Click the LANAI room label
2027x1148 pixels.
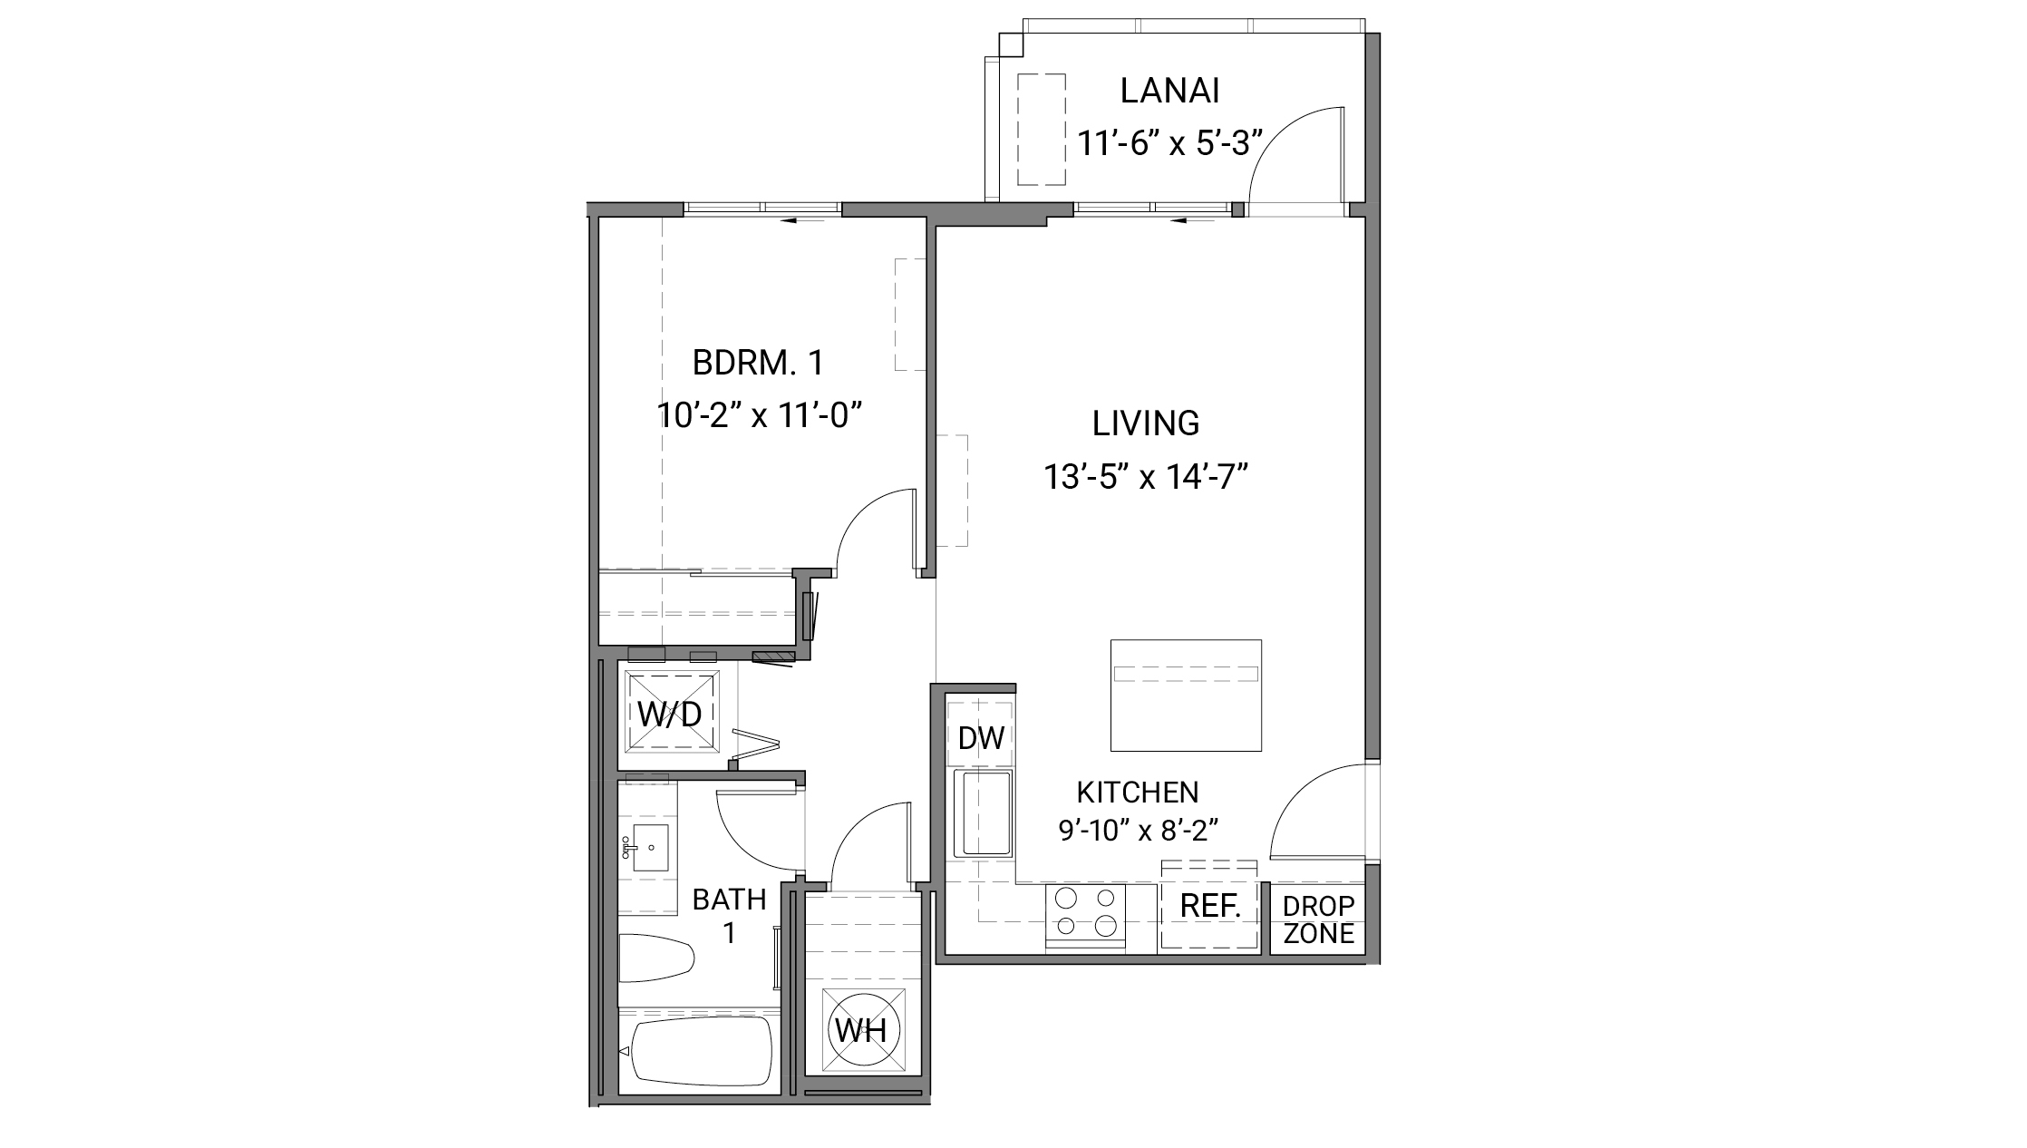click(1169, 92)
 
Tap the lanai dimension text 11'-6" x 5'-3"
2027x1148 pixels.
click(1169, 143)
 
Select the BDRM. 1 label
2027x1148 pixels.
click(758, 364)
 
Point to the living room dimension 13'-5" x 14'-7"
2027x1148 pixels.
click(1146, 477)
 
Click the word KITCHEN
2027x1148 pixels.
click(1137, 793)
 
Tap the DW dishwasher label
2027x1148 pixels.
click(981, 738)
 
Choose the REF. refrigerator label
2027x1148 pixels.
click(1209, 906)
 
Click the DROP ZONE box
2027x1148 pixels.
click(1318, 919)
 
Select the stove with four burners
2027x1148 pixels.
click(1085, 912)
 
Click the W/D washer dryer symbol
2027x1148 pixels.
click(669, 714)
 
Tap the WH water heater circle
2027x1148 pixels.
click(861, 1030)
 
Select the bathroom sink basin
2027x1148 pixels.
click(649, 848)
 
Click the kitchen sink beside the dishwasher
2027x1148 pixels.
click(983, 812)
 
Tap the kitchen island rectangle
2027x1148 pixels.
click(1186, 696)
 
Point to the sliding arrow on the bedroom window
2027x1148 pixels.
click(803, 219)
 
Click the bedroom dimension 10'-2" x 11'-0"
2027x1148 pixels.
click(758, 416)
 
